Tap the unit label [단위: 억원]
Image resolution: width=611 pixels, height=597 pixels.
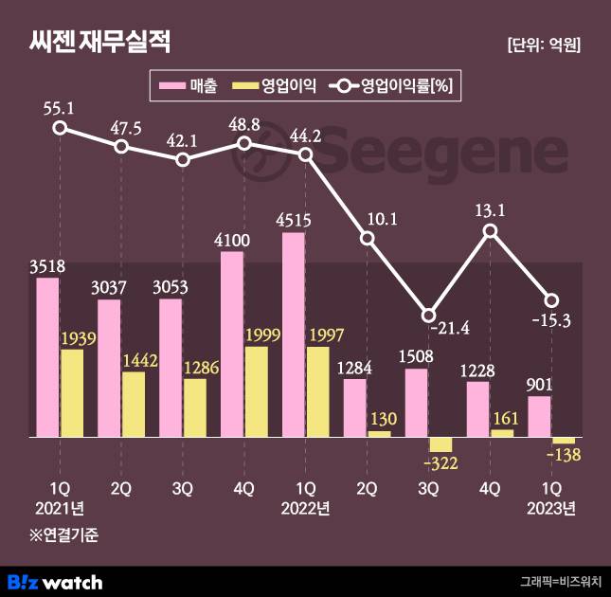(x=544, y=45)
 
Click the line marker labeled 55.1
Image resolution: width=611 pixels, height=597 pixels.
(x=60, y=128)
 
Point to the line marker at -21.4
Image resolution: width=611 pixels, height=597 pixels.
(x=428, y=315)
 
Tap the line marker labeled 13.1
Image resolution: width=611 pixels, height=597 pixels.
(x=490, y=231)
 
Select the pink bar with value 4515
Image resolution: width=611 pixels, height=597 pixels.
(x=294, y=335)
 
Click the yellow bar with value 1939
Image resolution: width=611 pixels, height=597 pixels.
(x=72, y=393)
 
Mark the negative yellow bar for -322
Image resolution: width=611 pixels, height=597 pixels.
(x=440, y=444)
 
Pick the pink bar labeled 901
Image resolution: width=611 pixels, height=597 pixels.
(x=539, y=417)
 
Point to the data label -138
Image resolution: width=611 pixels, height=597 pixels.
(x=564, y=456)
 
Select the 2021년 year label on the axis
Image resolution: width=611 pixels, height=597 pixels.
(x=59, y=509)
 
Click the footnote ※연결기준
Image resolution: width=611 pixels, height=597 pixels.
(x=63, y=534)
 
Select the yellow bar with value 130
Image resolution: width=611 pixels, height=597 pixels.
(x=379, y=434)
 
